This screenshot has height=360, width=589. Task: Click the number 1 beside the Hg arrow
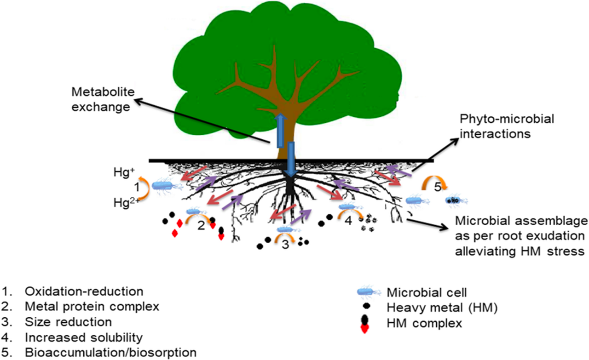coord(136,187)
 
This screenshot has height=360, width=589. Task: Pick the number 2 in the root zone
coord(201,225)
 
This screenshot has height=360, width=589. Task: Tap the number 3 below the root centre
coord(285,245)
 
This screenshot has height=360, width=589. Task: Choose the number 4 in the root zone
coord(348,220)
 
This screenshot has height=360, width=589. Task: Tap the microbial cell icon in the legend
coord(369,292)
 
